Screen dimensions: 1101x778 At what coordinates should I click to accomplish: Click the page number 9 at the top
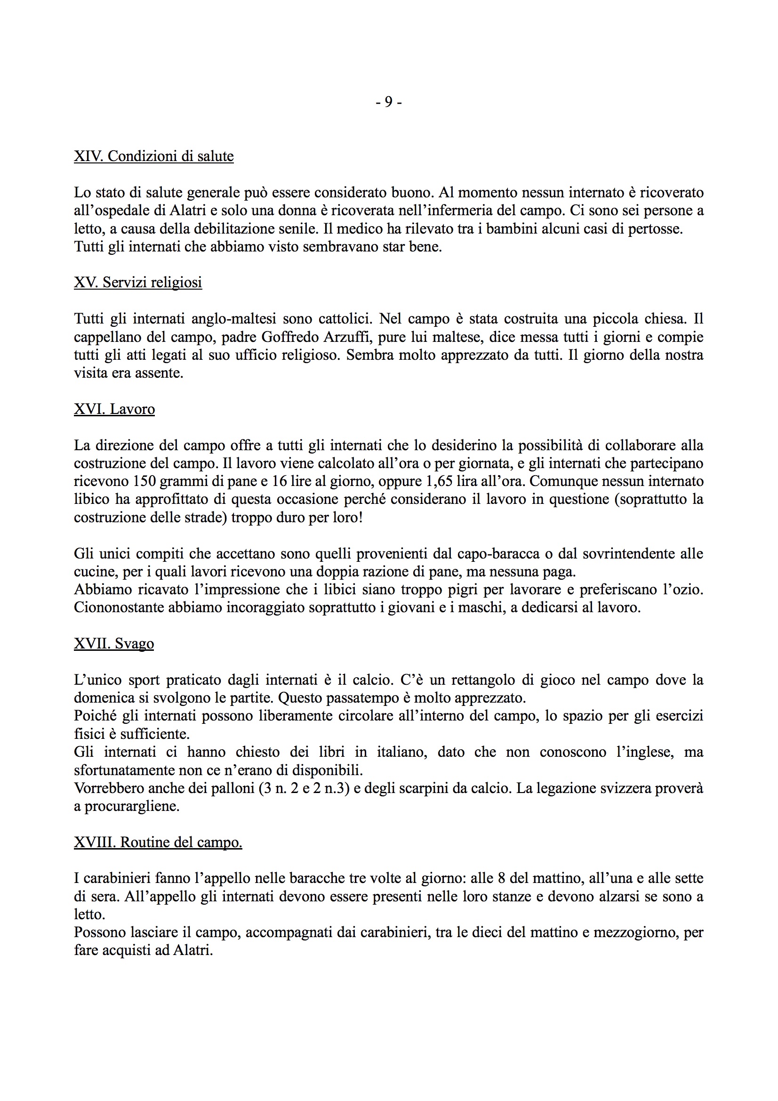388,102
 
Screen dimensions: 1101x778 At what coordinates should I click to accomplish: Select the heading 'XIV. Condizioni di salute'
153,156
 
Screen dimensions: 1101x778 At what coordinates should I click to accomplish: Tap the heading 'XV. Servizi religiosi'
137,283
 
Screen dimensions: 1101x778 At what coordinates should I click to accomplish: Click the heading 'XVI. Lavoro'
114,409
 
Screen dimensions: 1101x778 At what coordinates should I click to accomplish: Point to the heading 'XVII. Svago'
113,644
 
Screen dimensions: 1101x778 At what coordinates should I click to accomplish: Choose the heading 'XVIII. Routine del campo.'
158,842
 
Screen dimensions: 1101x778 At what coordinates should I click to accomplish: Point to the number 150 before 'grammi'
144,481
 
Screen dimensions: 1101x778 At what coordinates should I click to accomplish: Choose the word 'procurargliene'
132,807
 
